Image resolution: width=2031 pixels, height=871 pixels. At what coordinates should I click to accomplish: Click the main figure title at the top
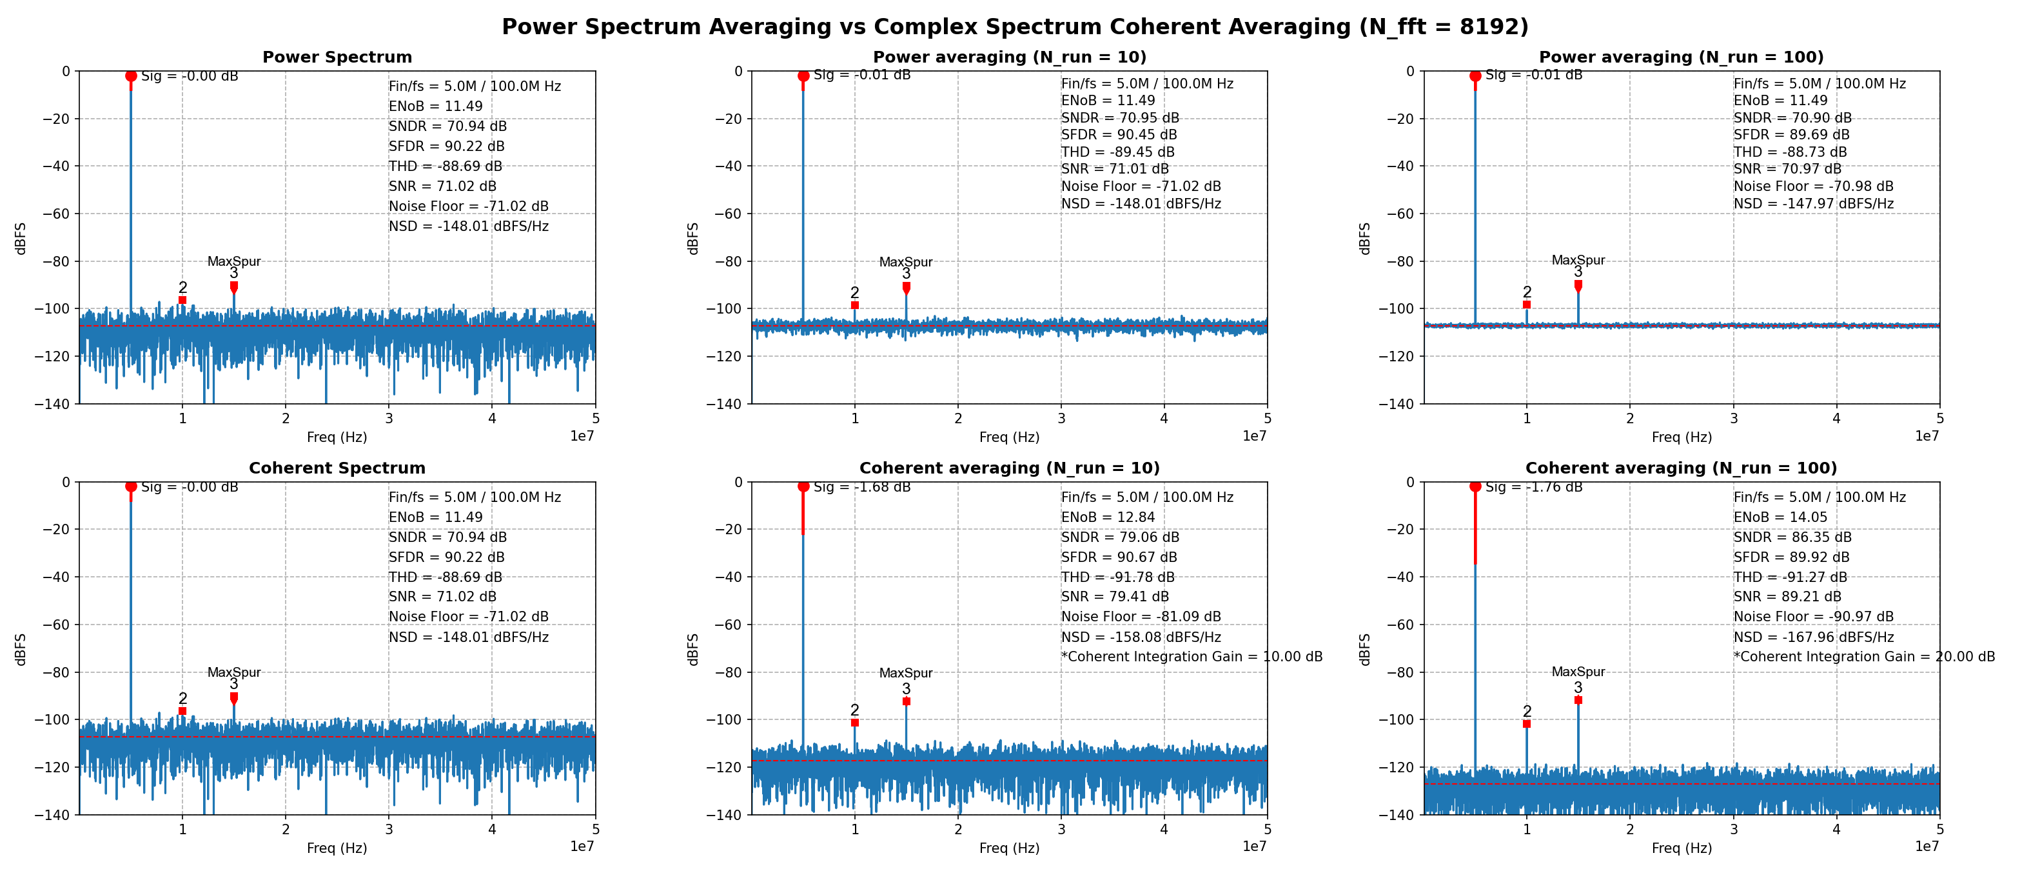1015,27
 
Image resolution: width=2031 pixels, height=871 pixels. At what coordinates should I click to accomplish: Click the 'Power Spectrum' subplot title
337,57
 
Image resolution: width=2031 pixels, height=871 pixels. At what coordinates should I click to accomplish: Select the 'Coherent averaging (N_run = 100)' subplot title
1681,468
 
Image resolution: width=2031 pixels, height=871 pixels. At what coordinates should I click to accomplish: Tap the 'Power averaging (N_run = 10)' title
1009,57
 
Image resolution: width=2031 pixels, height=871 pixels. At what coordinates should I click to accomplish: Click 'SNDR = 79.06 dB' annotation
1119,537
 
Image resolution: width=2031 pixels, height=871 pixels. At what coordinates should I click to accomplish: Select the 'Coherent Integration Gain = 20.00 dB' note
1864,656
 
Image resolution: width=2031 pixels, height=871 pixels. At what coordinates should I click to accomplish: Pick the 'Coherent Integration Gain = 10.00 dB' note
1192,656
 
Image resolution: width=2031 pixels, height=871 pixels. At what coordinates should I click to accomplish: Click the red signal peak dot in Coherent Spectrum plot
131,486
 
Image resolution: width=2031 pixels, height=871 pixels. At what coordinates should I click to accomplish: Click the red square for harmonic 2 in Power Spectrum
182,301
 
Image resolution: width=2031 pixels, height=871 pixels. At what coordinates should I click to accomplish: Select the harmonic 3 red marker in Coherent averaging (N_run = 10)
906,701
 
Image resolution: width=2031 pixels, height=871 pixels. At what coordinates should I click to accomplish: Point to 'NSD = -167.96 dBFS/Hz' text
1813,637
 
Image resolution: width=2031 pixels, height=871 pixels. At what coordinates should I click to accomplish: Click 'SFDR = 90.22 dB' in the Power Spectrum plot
446,146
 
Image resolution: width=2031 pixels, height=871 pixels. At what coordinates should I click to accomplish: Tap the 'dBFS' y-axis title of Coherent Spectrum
21,648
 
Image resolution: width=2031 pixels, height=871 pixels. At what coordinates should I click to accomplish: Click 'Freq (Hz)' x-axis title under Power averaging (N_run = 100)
1681,437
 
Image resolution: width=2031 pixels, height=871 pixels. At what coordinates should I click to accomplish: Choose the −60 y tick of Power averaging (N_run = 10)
733,214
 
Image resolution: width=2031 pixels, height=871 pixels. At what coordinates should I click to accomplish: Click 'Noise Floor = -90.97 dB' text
1813,616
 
